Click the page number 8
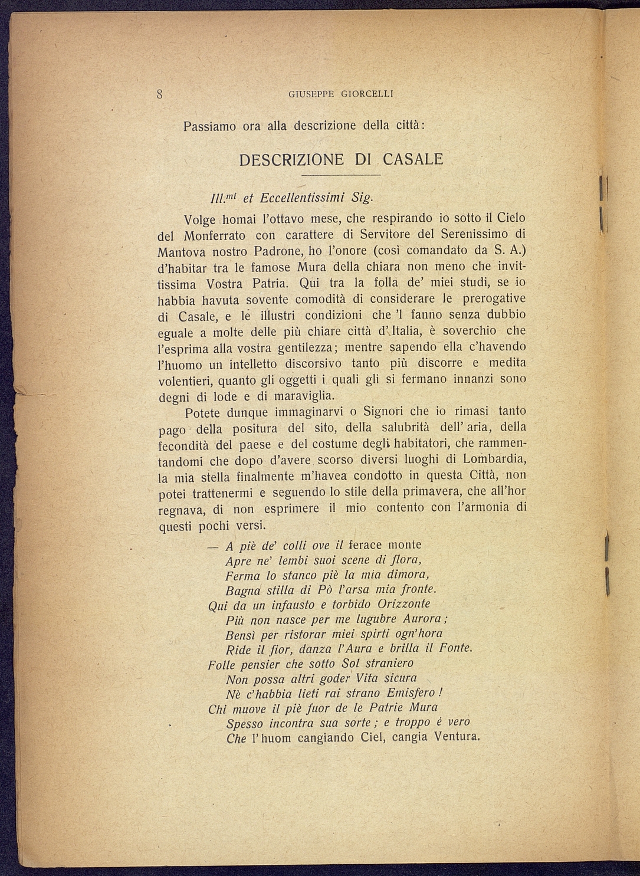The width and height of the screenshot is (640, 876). click(159, 93)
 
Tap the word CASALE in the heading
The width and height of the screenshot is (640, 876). click(413, 159)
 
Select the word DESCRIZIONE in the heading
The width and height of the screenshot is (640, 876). click(291, 159)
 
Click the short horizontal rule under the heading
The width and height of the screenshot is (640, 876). click(340, 176)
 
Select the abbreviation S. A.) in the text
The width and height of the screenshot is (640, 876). click(513, 250)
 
